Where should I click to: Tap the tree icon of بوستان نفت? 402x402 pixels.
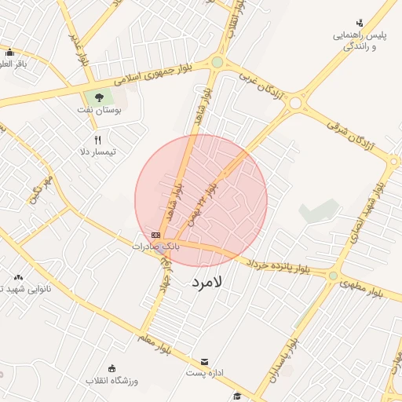point(99,97)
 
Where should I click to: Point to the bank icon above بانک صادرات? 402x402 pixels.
point(156,235)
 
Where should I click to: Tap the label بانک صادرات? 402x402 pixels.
point(155,247)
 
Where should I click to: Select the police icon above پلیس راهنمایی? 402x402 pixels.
point(360,22)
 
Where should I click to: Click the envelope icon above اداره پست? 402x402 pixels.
point(205,362)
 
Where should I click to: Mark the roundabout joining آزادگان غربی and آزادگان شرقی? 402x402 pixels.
point(296,103)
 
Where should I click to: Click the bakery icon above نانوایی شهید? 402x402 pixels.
point(18,276)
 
